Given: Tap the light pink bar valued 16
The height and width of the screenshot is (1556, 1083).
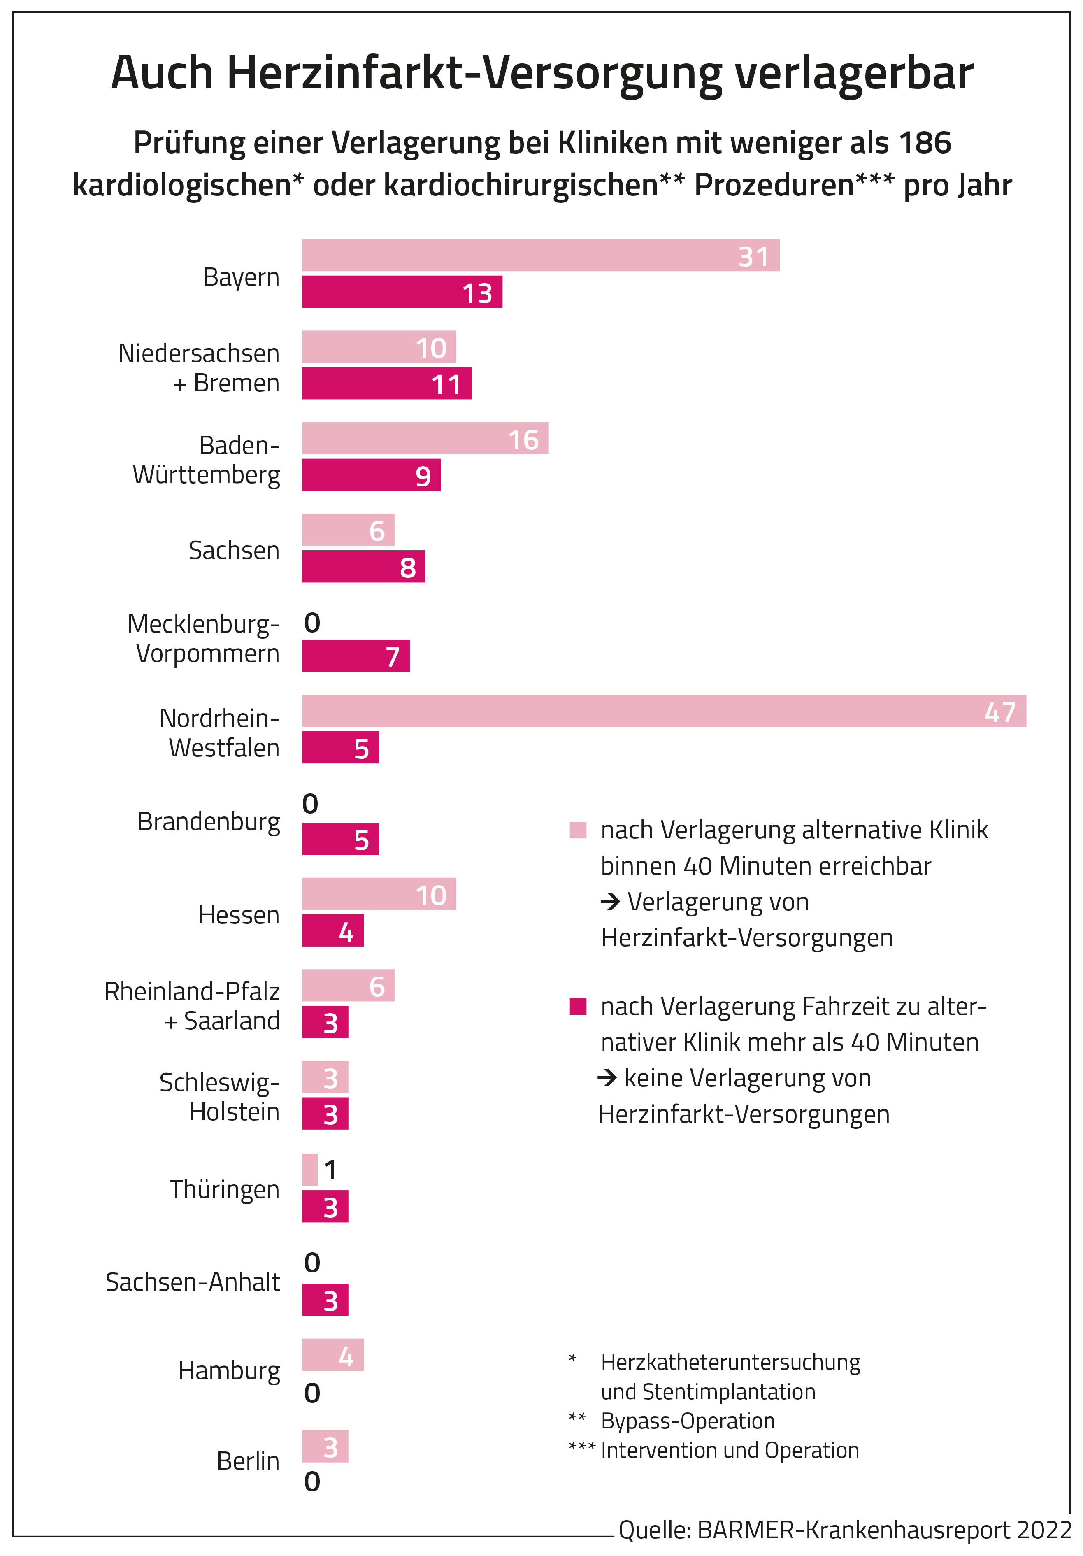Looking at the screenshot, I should coord(425,438).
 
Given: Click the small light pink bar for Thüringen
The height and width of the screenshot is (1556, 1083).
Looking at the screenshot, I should coord(310,1169).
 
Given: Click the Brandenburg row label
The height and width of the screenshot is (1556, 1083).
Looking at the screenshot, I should coord(208,821).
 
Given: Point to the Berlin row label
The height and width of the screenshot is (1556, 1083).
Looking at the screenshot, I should coord(248,1461).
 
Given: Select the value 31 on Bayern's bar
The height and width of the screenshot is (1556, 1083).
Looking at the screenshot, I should coord(754,256).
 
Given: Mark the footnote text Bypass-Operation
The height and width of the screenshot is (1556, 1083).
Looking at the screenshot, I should coord(687,1421).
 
